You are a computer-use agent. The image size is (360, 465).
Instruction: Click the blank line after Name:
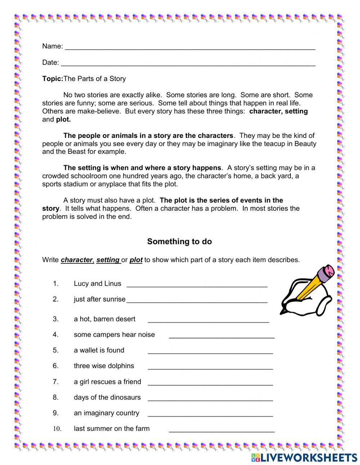[190, 48]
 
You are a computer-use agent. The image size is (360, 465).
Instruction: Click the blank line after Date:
[188, 64]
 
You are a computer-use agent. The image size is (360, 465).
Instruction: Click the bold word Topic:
[53, 79]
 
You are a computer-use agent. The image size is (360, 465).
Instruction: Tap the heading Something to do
[179, 242]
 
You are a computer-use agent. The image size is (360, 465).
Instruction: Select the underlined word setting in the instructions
[108, 260]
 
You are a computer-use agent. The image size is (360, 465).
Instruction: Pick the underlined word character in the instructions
[77, 260]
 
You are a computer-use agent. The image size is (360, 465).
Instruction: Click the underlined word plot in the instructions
[136, 260]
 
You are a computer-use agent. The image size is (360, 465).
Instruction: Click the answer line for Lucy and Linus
[197, 285]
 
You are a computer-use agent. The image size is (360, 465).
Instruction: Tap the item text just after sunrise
[99, 299]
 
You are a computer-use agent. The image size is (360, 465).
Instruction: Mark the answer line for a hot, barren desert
[208, 321]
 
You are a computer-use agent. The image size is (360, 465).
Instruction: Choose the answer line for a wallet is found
[210, 352]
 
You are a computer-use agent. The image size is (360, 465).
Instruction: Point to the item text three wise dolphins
[104, 366]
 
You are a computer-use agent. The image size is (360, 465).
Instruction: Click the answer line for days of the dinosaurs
[210, 399]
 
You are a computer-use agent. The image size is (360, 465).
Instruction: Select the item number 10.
[57, 429]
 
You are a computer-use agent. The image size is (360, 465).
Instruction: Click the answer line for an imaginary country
[210, 415]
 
